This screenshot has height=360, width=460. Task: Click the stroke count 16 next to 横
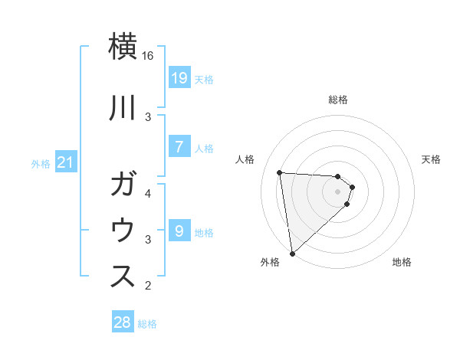click(x=148, y=56)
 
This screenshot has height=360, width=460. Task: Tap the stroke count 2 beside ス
click(x=148, y=286)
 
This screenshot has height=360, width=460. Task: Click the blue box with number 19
click(x=179, y=77)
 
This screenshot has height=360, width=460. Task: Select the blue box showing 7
click(x=179, y=146)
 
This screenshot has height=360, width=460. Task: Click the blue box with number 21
click(x=67, y=162)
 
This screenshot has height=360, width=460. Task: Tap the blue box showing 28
click(x=123, y=322)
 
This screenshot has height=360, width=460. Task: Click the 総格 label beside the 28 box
click(x=147, y=324)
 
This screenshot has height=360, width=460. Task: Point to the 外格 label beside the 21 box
click(x=41, y=163)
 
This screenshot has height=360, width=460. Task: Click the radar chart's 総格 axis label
click(x=338, y=100)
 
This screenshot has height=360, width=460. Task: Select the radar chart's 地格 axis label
click(x=402, y=263)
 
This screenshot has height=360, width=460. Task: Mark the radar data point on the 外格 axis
click(x=292, y=254)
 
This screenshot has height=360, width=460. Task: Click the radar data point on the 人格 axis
click(x=280, y=172)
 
